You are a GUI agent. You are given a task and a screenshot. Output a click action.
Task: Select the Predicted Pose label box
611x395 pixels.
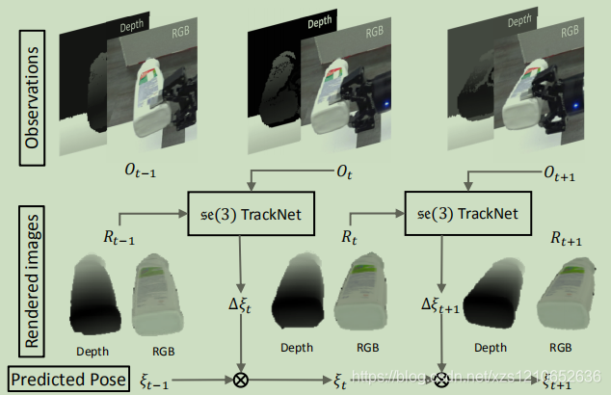click(69, 380)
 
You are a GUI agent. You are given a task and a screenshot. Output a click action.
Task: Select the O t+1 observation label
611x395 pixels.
click(566, 172)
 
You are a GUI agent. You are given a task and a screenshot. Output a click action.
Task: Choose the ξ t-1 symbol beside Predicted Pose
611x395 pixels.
click(155, 381)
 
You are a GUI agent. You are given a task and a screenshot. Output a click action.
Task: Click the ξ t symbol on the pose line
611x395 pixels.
click(340, 382)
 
